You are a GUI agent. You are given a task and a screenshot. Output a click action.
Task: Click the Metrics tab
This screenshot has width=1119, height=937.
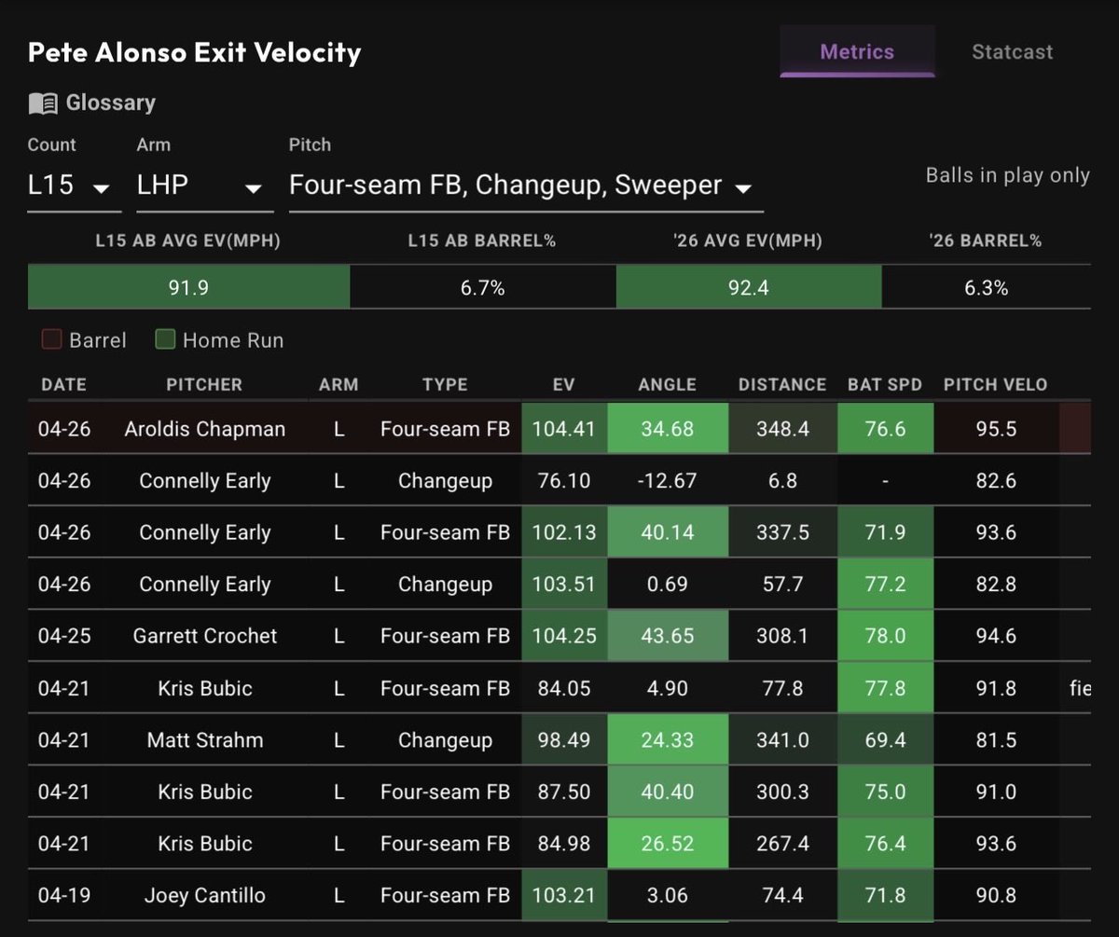[857, 52]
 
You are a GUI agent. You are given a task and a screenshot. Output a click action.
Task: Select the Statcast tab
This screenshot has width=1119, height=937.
[1013, 52]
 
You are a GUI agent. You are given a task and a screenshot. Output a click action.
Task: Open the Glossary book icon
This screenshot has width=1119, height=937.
[43, 103]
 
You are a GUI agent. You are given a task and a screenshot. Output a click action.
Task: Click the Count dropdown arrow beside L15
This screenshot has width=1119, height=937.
[102, 188]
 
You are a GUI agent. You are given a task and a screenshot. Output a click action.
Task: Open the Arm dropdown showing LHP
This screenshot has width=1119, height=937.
[205, 186]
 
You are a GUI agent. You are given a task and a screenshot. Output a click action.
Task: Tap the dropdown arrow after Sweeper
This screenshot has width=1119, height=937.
[743, 188]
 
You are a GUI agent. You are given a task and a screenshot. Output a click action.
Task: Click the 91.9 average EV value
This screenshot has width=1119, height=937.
[188, 288]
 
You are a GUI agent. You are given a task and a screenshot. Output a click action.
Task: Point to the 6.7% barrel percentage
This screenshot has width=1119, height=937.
[482, 288]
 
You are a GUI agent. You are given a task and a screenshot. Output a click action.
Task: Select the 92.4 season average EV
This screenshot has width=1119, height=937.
[748, 288]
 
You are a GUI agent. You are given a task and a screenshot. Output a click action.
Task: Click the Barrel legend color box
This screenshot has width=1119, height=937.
[51, 339]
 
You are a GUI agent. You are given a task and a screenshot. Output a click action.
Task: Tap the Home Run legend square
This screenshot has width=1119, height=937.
[165, 339]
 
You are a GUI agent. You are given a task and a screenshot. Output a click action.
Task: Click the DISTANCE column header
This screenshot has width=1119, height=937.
[782, 385]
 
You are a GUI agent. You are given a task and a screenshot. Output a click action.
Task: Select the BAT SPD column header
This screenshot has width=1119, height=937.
[885, 385]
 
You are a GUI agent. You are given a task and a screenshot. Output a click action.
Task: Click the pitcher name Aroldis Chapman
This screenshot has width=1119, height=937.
[205, 429]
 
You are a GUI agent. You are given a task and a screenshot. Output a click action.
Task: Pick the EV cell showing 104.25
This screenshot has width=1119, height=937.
[564, 636]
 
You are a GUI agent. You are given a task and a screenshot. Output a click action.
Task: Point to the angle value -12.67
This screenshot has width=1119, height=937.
[668, 480]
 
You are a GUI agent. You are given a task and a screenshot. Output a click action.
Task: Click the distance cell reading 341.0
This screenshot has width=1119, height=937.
[782, 740]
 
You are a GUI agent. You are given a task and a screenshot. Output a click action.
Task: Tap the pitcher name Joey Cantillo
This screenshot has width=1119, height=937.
[205, 895]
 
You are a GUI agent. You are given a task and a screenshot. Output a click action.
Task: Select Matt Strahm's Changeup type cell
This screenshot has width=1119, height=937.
[445, 740]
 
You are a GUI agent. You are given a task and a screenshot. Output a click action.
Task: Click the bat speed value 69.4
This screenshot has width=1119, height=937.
[885, 740]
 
